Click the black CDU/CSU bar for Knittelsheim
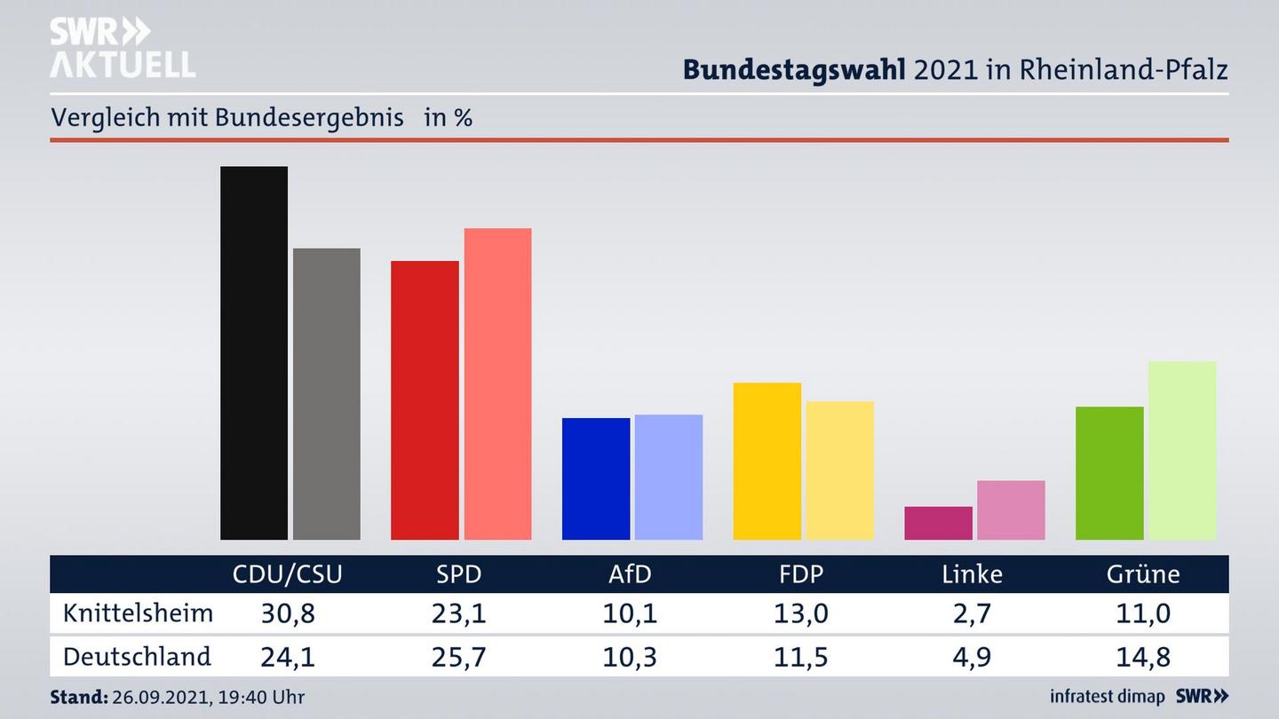[254, 352]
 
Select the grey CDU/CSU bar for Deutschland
[327, 393]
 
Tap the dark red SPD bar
[425, 399]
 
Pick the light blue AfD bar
[668, 477]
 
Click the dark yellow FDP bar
[767, 461]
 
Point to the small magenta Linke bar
[938, 523]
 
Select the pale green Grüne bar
[1181, 450]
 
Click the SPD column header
[458, 574]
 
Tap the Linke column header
[972, 574]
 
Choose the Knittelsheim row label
[138, 613]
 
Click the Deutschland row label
[137, 657]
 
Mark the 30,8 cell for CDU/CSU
[287, 613]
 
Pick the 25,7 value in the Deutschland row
[458, 657]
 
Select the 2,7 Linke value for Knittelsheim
[972, 613]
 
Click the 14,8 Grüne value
[1143, 657]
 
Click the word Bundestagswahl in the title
[793, 70]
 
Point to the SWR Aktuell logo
[122, 47]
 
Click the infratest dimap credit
[1107, 697]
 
